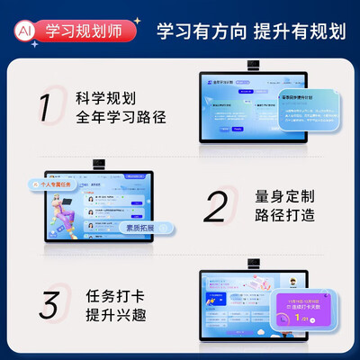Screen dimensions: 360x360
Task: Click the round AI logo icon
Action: [x=24, y=29]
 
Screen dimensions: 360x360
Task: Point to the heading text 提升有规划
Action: [x=300, y=30]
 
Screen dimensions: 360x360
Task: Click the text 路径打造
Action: [x=287, y=218]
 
